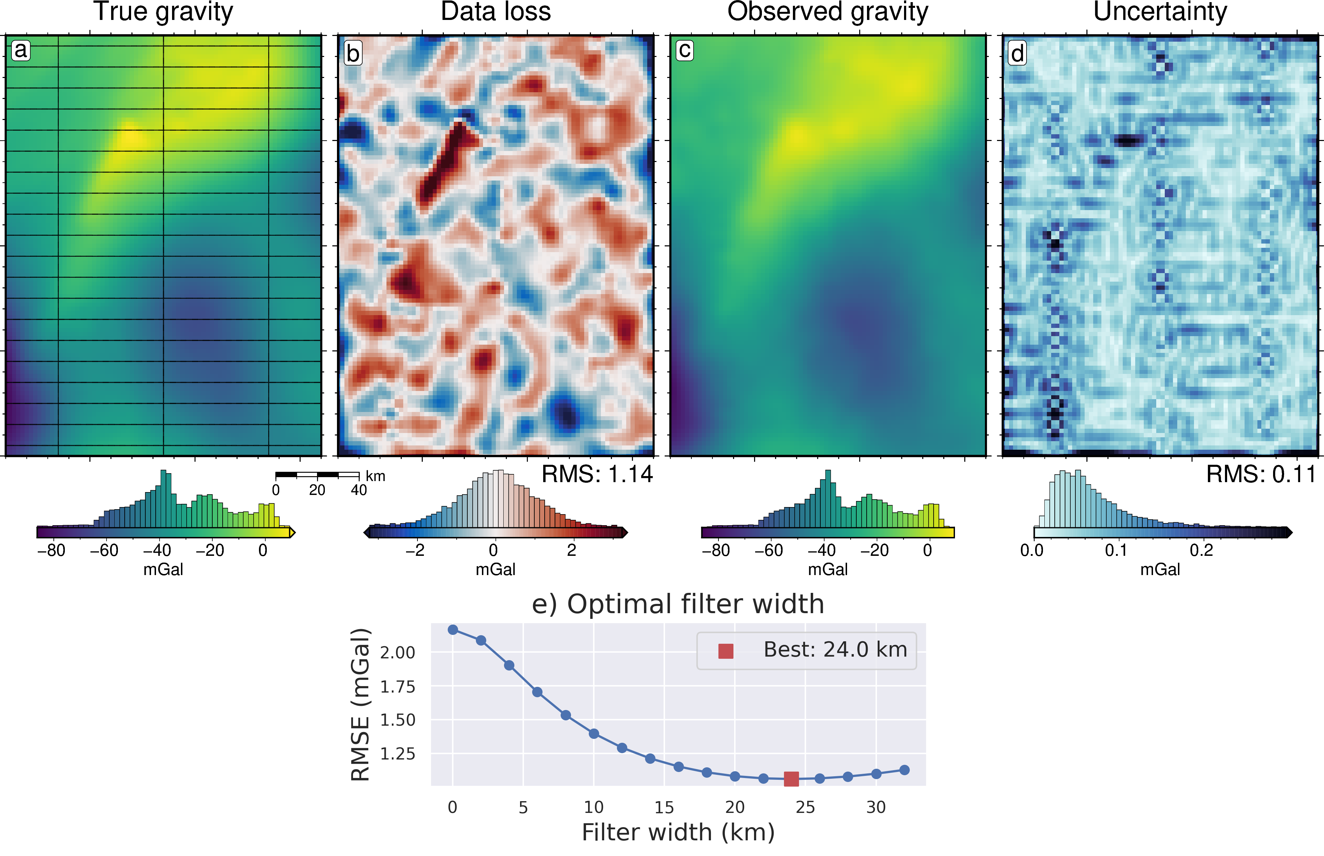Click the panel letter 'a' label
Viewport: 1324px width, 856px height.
[21, 50]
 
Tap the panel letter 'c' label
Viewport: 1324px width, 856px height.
[685, 50]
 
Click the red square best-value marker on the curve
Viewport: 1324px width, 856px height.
[791, 779]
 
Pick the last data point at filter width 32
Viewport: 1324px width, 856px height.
[904, 770]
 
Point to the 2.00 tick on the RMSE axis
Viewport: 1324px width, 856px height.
[397, 653]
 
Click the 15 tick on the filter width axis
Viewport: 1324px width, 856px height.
[664, 807]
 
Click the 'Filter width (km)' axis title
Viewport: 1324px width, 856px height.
[678, 832]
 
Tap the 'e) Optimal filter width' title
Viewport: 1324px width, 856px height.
[678, 604]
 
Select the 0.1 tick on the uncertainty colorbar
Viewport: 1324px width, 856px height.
[1116, 550]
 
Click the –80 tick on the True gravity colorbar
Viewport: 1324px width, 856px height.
[52, 550]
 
